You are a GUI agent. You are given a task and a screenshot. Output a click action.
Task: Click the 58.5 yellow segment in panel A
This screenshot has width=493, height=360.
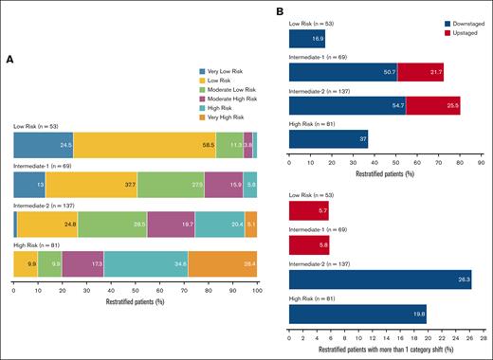tap(144, 144)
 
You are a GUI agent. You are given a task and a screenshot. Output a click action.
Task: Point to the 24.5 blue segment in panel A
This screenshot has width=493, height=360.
tap(43, 144)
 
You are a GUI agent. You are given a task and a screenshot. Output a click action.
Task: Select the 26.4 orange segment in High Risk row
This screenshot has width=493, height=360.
tap(223, 263)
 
